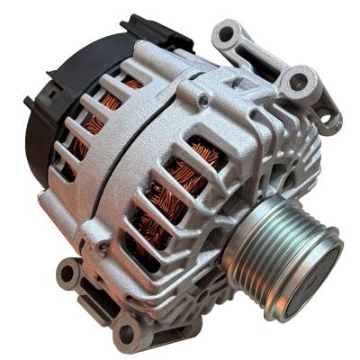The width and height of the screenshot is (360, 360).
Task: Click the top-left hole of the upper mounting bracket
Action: [224, 36]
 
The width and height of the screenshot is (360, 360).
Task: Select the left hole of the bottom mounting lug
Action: [67, 271]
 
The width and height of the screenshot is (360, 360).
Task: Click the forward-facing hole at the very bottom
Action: [127, 334]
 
